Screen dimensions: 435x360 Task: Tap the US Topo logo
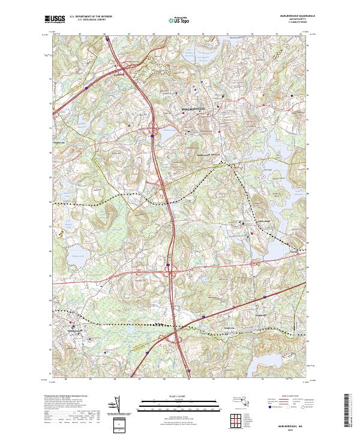click(x=178, y=19)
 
